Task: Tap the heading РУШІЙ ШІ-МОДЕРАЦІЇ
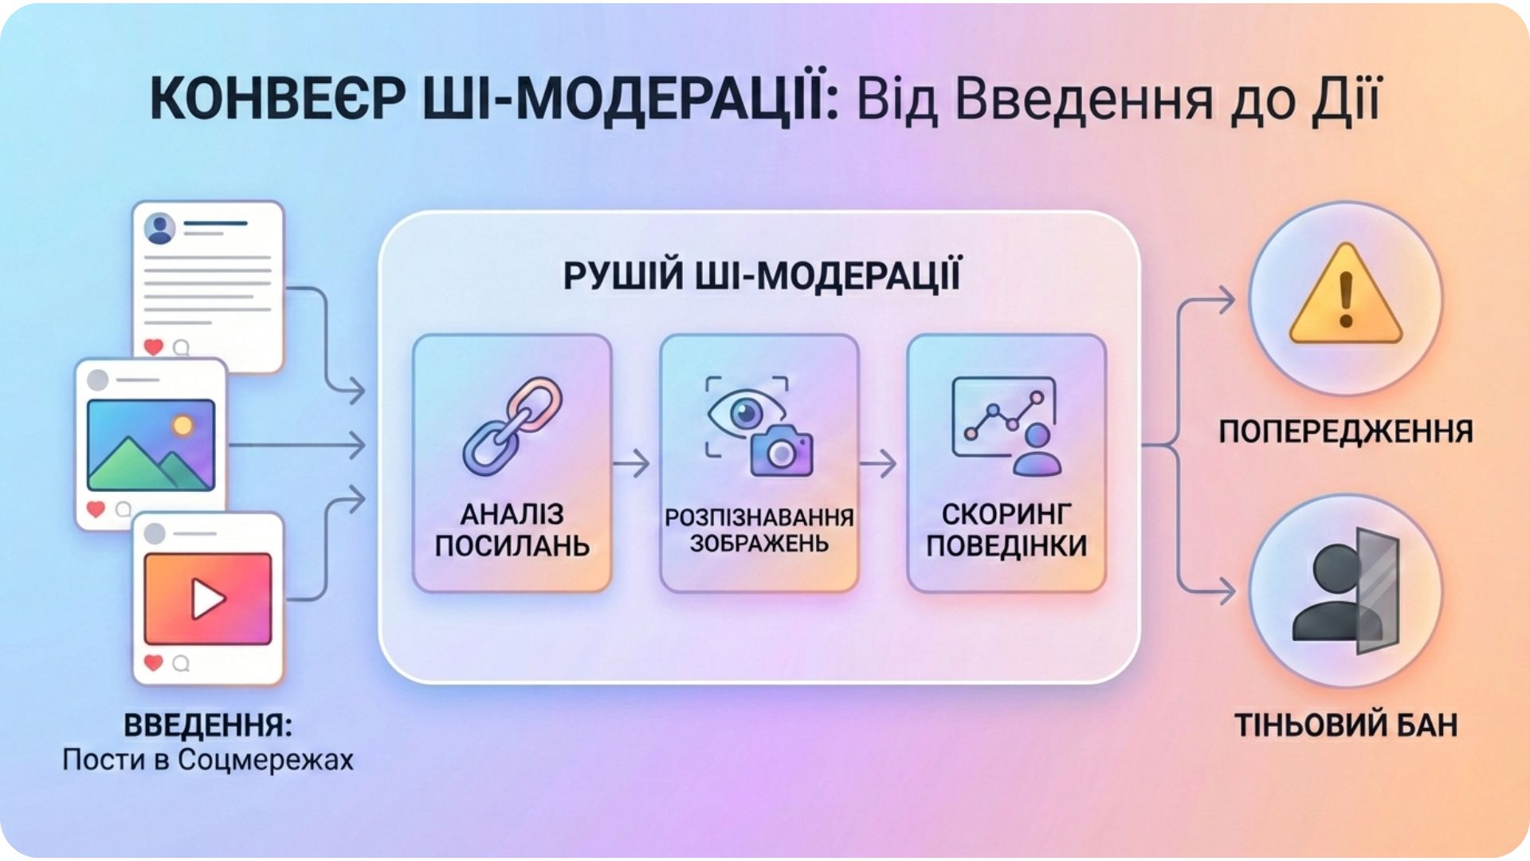click(761, 276)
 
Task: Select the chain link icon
click(512, 427)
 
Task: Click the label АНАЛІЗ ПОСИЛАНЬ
click(512, 530)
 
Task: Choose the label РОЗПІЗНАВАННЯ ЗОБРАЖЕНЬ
click(759, 530)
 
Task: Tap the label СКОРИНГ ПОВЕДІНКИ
click(1006, 530)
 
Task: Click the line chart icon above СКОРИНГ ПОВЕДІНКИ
click(1002, 419)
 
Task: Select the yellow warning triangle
click(1345, 297)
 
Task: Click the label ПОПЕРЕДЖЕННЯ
click(1345, 431)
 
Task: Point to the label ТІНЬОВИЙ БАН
click(1345, 725)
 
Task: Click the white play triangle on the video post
click(207, 598)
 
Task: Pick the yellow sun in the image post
click(183, 425)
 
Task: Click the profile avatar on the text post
click(160, 229)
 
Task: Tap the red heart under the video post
click(153, 662)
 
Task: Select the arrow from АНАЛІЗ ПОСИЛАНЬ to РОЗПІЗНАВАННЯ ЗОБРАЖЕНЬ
click(632, 463)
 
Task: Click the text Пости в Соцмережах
click(207, 760)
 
